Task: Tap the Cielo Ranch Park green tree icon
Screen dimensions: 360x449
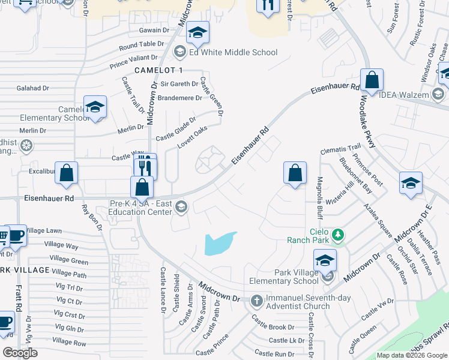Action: tap(339, 234)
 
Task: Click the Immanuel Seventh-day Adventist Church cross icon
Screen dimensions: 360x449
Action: tap(256, 300)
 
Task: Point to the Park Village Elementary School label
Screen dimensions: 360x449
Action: tap(296, 277)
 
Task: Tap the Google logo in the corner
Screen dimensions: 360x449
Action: tap(20, 353)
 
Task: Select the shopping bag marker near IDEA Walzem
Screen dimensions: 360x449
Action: tap(372, 80)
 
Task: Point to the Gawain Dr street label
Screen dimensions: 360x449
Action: tap(155, 30)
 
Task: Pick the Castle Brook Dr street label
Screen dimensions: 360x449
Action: tap(273, 328)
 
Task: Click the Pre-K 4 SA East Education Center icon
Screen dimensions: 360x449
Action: tap(181, 208)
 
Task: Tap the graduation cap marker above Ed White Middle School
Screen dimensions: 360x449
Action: tap(197, 34)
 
